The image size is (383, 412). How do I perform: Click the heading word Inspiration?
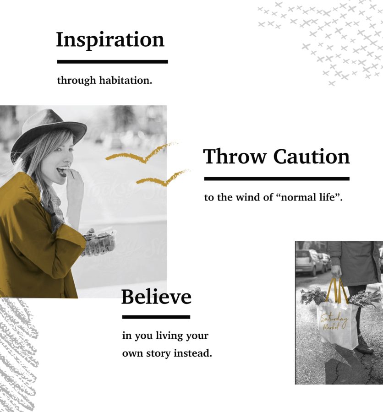tap(110, 40)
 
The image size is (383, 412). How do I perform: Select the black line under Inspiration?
tap(113, 62)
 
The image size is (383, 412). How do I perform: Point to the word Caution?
tap(312, 157)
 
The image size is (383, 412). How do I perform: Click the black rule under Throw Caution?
tap(277, 179)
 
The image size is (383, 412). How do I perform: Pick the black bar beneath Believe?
tap(156, 317)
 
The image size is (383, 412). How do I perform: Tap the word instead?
tap(193, 353)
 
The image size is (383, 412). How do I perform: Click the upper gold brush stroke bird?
tap(142, 155)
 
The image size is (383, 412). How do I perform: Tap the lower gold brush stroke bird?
tap(163, 178)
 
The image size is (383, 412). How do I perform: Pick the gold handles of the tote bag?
tap(337, 292)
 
